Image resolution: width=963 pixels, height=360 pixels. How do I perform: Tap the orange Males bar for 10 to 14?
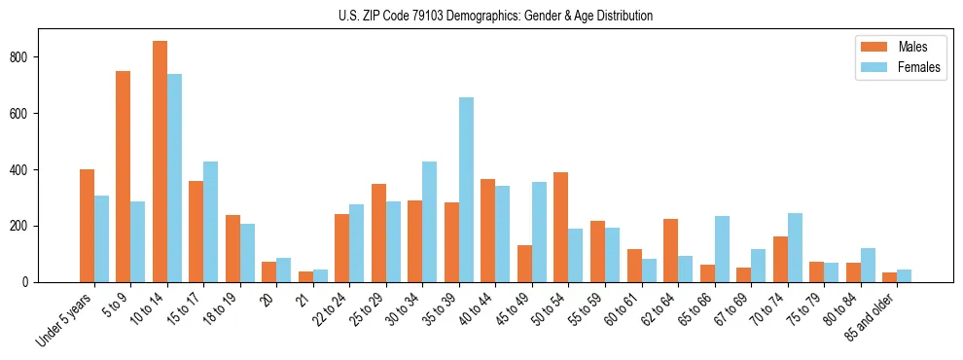tap(160, 162)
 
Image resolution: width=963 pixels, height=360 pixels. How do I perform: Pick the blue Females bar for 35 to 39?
tap(466, 190)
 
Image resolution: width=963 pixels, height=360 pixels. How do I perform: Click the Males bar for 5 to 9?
tap(124, 176)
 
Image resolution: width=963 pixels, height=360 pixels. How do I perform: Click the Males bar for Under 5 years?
tap(87, 226)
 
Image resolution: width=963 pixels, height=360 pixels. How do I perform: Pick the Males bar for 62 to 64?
tap(670, 250)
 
